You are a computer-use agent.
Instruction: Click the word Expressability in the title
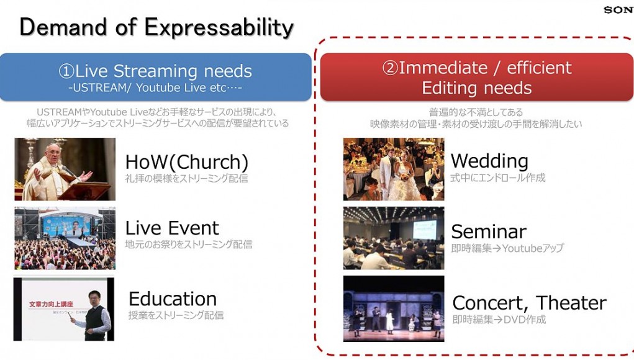[219, 28]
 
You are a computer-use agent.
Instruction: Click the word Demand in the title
[63, 27]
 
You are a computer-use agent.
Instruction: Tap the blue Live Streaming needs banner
[156, 77]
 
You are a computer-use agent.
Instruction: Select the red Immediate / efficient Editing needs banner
[477, 77]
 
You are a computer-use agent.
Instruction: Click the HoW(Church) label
[187, 162]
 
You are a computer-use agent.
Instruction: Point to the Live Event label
[172, 228]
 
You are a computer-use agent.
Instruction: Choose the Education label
[173, 299]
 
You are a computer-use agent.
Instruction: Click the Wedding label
[489, 161]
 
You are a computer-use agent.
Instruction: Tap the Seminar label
[489, 232]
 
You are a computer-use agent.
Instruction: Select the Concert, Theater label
[529, 303]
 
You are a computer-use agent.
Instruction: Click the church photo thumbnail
[65, 169]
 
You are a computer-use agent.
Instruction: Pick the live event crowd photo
[65, 238]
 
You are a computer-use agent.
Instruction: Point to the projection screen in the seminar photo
[425, 230]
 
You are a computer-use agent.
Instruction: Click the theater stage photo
[394, 308]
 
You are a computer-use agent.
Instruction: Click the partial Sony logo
[618, 10]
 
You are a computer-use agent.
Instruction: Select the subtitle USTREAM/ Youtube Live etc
[155, 88]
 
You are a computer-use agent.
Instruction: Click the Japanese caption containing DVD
[499, 320]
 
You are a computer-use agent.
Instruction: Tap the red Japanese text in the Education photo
[51, 304]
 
